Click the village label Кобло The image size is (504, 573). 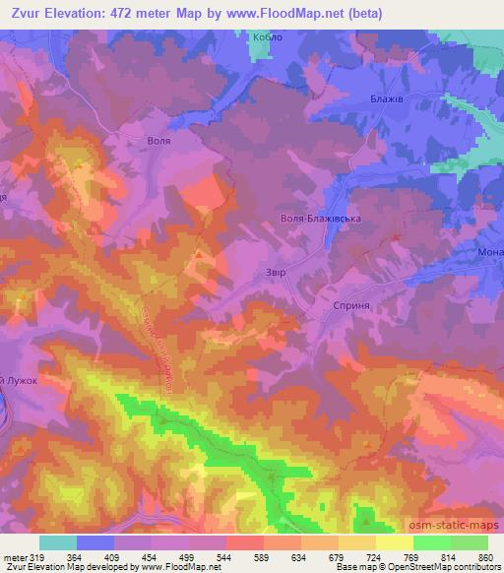[268, 35]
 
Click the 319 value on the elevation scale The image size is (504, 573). [35, 556]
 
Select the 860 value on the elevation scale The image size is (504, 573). [484, 556]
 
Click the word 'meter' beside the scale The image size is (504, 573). [14, 556]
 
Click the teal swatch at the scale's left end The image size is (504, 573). [58, 542]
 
